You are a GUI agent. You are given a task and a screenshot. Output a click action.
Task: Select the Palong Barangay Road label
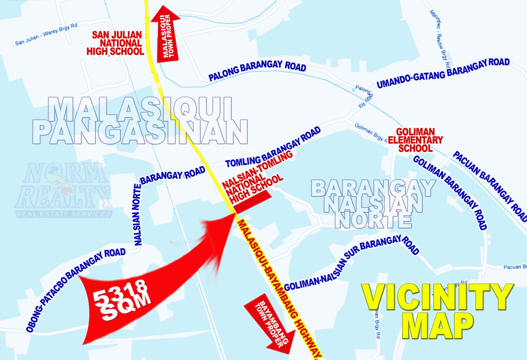(x=257, y=70)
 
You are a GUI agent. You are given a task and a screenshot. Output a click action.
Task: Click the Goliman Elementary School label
(x=415, y=140)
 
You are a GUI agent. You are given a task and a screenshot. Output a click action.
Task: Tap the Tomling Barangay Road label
(x=273, y=148)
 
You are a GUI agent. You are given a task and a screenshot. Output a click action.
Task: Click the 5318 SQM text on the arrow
(x=122, y=299)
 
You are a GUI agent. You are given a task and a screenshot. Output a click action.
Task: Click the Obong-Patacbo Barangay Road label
(x=76, y=290)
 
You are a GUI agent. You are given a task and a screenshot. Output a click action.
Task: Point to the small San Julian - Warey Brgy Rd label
(x=46, y=34)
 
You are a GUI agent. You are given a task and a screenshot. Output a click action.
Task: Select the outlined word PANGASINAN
(x=140, y=132)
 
